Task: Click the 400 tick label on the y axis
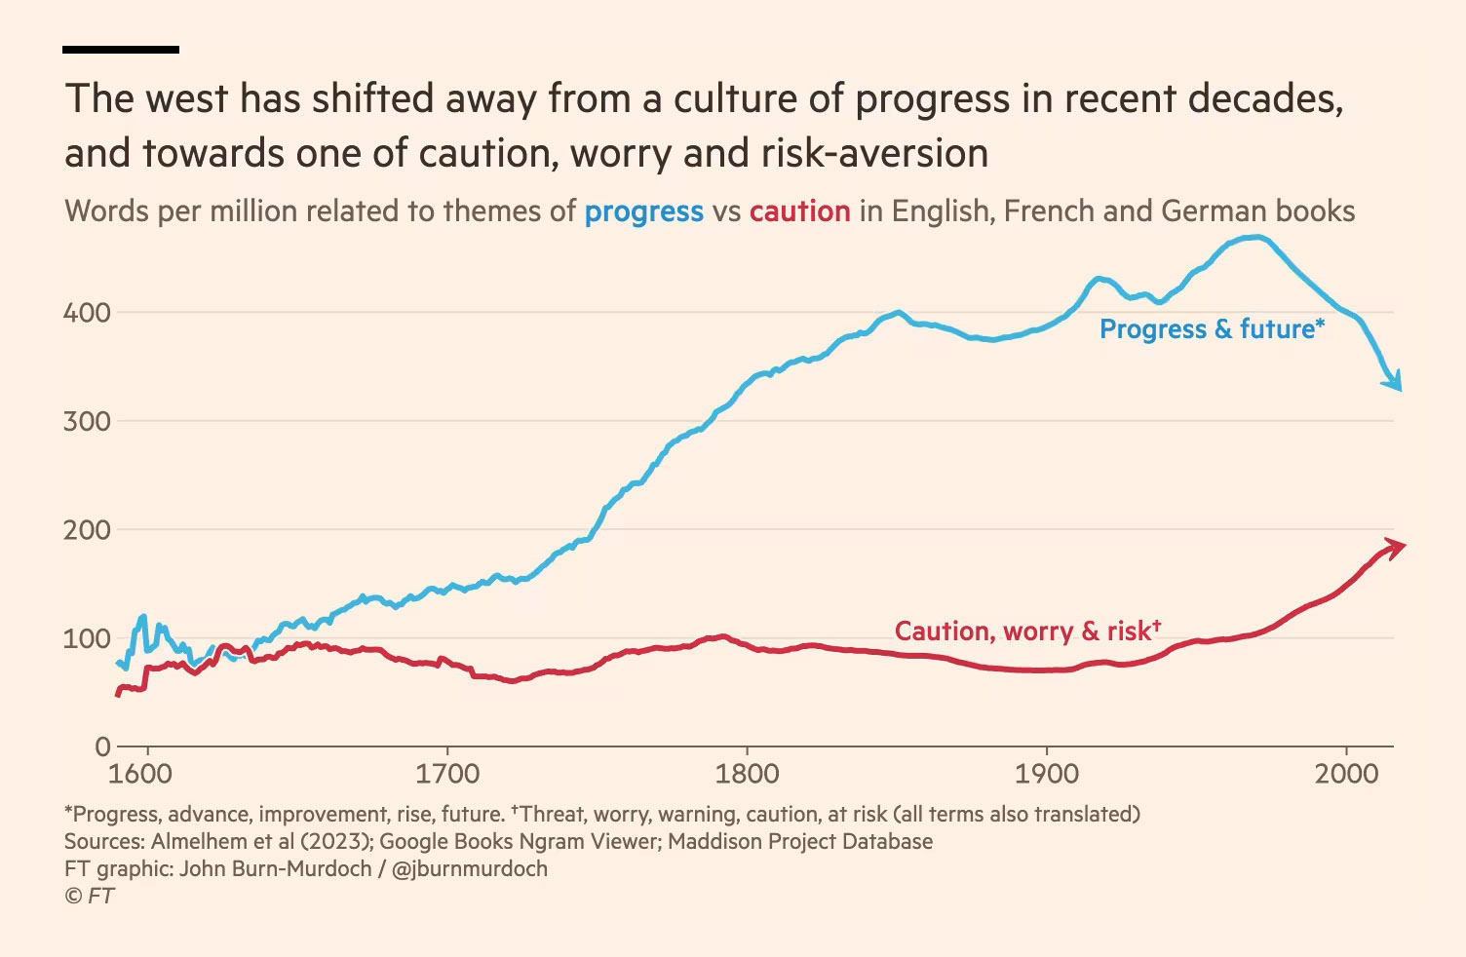coord(87,313)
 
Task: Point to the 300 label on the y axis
coord(87,422)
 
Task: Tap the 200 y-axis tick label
coord(87,530)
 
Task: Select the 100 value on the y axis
coord(87,639)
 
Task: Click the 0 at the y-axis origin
coord(102,747)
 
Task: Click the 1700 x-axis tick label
coord(447,775)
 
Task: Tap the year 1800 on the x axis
coord(747,775)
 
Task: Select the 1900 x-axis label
coord(1047,775)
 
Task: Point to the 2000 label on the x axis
coord(1346,775)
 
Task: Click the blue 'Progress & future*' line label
coord(1212,329)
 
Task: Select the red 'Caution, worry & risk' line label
coord(1027,632)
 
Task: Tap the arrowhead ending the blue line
coord(1395,381)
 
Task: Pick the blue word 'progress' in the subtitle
coord(643,211)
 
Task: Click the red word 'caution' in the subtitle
coord(799,211)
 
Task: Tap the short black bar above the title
coord(121,49)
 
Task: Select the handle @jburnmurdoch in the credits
coord(469,868)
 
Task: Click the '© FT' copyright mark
coord(90,896)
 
